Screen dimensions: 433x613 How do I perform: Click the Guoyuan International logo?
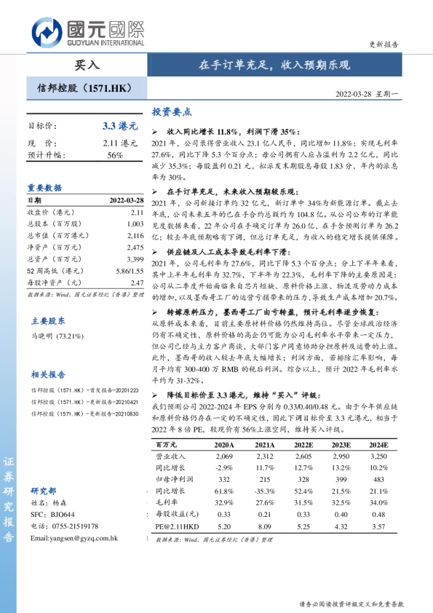[x=87, y=33]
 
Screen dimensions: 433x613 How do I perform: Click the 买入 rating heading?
[x=87, y=65]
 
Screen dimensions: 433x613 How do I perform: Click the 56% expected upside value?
[x=115, y=155]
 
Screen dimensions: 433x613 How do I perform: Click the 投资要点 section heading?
[x=171, y=112]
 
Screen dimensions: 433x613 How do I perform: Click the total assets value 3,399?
[x=136, y=258]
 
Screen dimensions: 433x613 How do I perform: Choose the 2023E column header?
[x=341, y=443]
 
